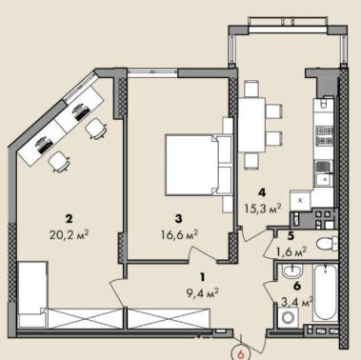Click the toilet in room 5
point(327,244)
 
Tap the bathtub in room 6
point(326,292)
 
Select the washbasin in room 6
point(292,271)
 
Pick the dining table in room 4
point(251,125)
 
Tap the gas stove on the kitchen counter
point(324,135)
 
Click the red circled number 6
point(241,353)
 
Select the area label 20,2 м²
point(69,235)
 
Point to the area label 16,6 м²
point(179,234)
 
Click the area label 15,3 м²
point(262,209)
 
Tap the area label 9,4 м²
point(203,293)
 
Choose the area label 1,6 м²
point(291,251)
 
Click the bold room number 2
point(69,219)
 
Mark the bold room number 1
point(202,277)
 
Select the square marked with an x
point(300,200)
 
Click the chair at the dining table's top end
point(251,89)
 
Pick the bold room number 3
point(179,218)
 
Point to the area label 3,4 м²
point(297,302)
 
